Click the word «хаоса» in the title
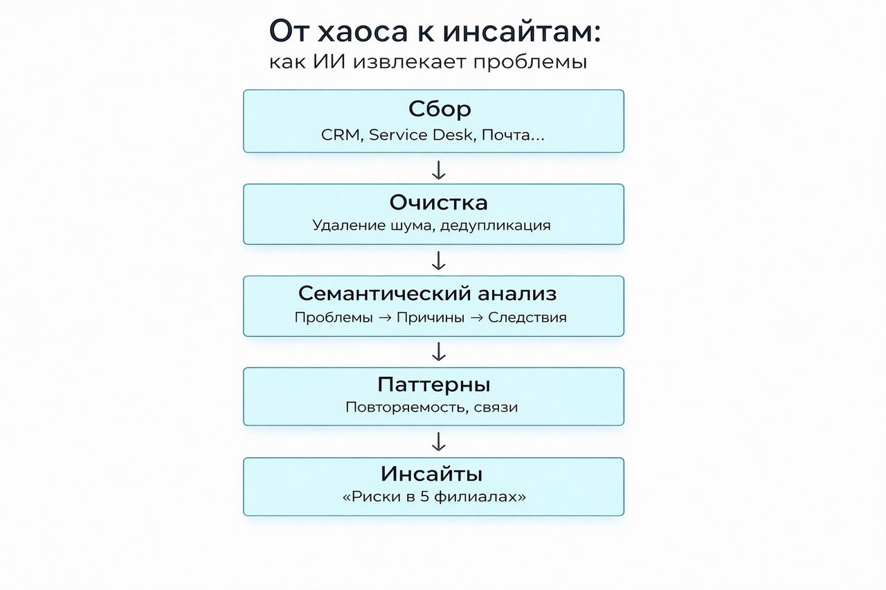362,31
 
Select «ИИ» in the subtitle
329,62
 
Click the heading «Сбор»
440,109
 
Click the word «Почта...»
513,135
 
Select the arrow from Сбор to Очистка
439,170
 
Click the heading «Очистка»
439,203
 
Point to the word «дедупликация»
495,225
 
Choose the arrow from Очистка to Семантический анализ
439,261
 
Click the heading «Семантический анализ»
427,294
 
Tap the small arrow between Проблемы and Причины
385,317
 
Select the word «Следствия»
527,317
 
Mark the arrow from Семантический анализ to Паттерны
439,351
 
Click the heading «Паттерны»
434,385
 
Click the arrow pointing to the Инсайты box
439,442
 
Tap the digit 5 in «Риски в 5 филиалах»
424,497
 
